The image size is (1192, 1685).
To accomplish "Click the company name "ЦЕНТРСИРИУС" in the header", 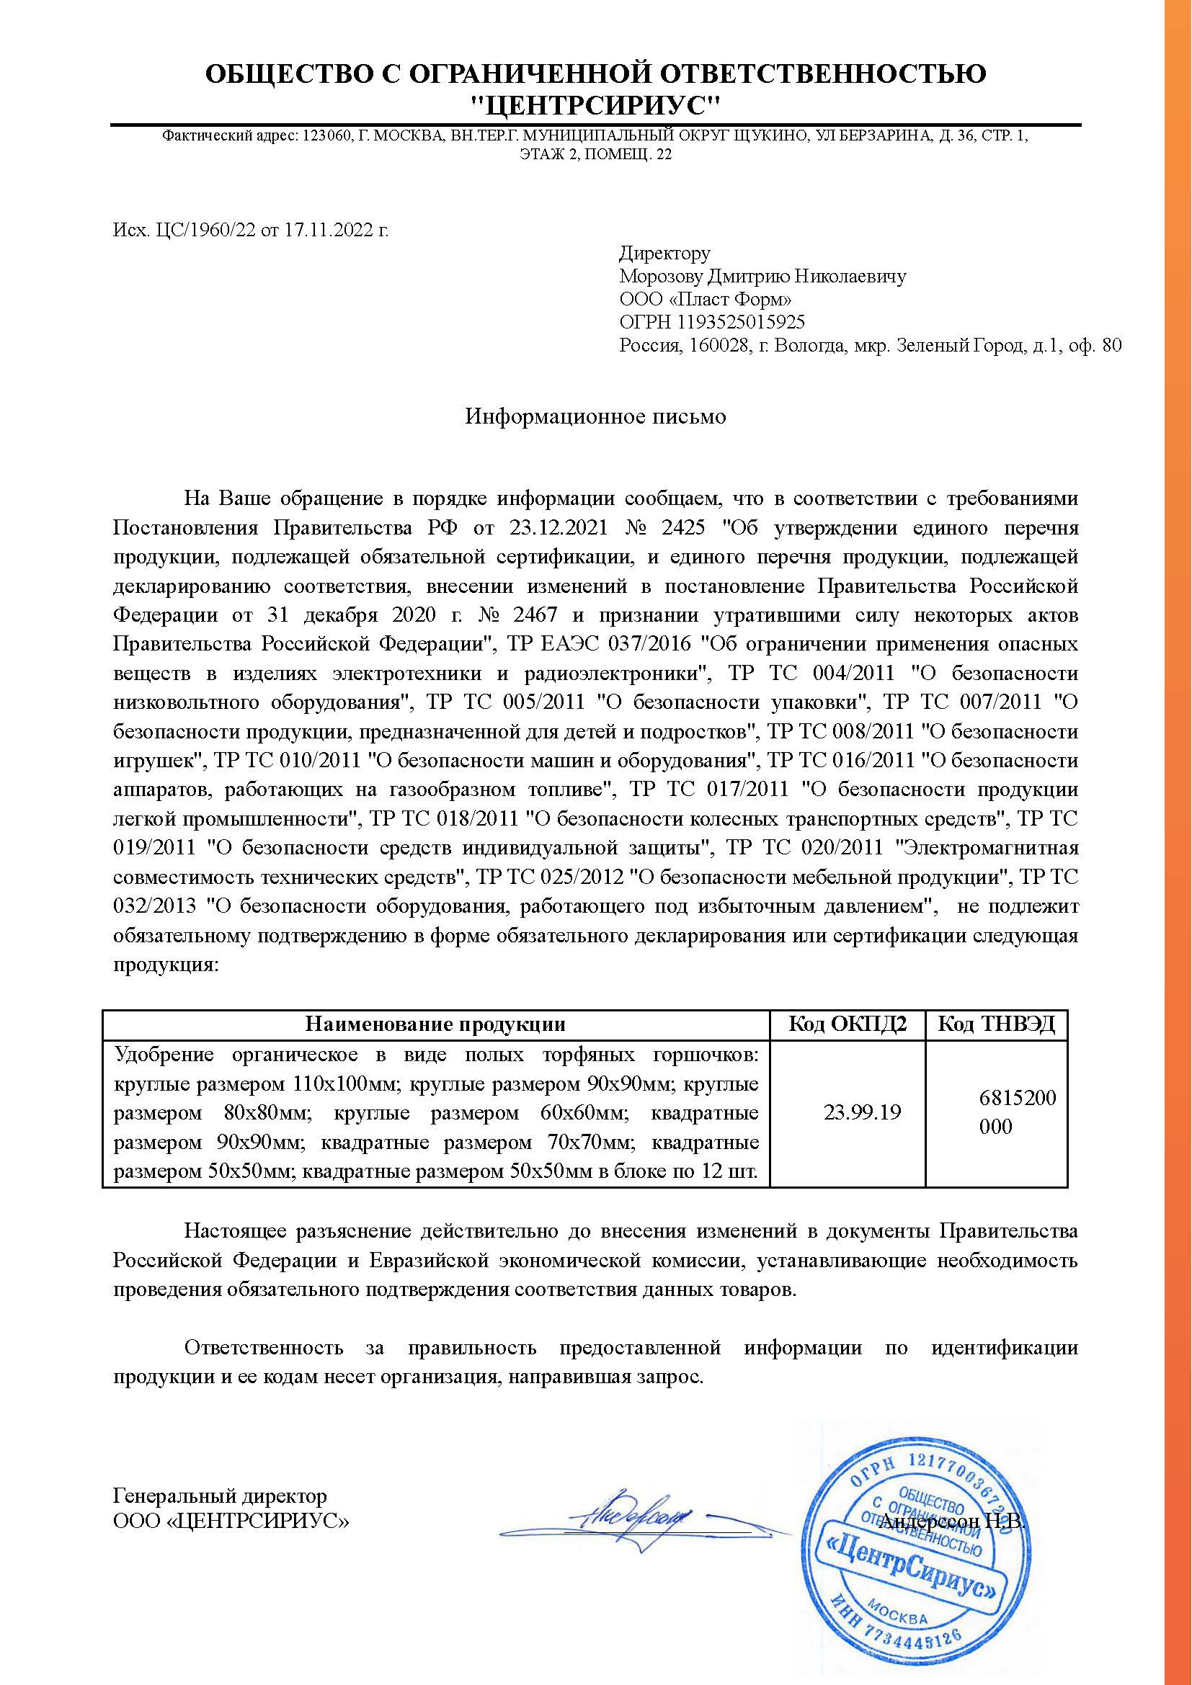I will click(595, 107).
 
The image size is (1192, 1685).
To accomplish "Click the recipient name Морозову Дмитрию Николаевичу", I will click(762, 277).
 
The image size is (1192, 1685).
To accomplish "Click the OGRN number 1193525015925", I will click(742, 322).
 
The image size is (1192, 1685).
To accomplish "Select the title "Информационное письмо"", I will click(595, 417).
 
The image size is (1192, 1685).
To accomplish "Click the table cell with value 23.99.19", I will click(862, 1112).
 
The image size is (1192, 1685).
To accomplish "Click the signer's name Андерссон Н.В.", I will click(951, 1516).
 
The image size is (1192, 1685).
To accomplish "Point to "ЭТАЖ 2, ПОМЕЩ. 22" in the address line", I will click(595, 155).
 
